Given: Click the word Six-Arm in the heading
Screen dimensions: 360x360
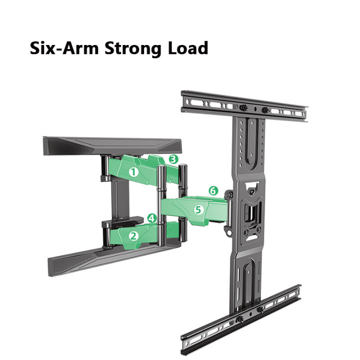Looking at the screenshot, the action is coord(64,48).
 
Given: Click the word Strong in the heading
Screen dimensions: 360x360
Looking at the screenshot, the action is coord(133,49).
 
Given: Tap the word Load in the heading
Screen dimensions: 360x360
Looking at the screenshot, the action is coord(188,48).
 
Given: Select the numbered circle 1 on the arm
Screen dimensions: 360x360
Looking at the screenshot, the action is coord(133,172).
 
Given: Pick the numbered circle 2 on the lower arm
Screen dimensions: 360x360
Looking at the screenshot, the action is coord(134,236).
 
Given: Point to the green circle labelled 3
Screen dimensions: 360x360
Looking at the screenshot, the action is coord(173,159).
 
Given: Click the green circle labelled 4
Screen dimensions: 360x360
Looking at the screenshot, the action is coord(152,218).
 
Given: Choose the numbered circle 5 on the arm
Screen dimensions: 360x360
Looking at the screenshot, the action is coord(198,209).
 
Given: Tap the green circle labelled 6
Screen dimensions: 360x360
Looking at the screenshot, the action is coord(213,190).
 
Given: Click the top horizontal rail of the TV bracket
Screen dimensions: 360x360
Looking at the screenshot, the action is coord(244,106).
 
